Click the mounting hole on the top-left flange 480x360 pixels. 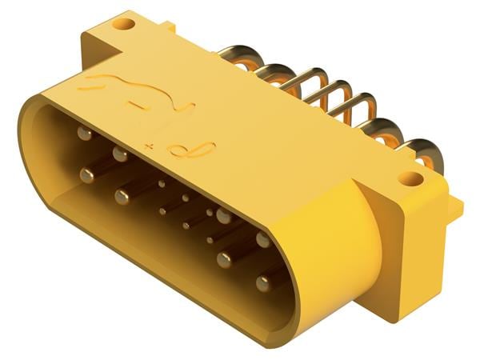click(123, 23)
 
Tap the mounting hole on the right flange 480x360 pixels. click(410, 178)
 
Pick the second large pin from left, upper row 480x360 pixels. click(120, 153)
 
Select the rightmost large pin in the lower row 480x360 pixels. click(263, 283)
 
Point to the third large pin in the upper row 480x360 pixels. click(223, 216)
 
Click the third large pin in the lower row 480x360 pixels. click(225, 258)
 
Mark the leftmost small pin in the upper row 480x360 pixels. click(162, 183)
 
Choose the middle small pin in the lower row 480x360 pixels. click(186, 226)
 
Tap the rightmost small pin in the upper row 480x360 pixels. click(210, 212)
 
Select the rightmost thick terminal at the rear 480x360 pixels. click(420, 151)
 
